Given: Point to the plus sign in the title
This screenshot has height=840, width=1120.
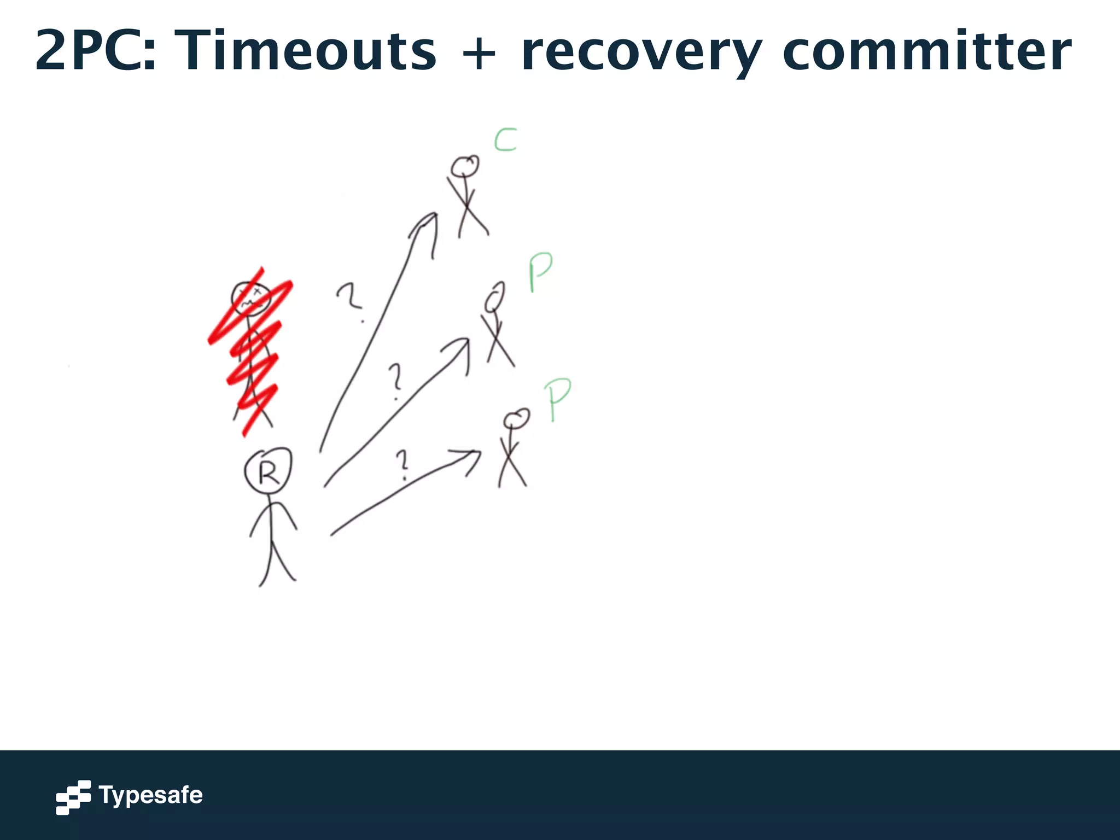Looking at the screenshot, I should click(x=479, y=53).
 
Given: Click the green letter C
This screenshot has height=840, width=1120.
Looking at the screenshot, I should click(x=505, y=140).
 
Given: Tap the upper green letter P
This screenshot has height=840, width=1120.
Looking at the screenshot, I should click(x=540, y=272).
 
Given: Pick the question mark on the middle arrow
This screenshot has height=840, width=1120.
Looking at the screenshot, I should click(x=395, y=381).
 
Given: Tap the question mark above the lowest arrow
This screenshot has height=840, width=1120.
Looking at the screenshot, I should click(x=403, y=464).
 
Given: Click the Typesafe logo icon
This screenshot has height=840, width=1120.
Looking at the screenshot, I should click(x=73, y=797).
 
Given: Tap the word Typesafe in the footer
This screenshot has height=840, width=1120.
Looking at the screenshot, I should click(x=150, y=796).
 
